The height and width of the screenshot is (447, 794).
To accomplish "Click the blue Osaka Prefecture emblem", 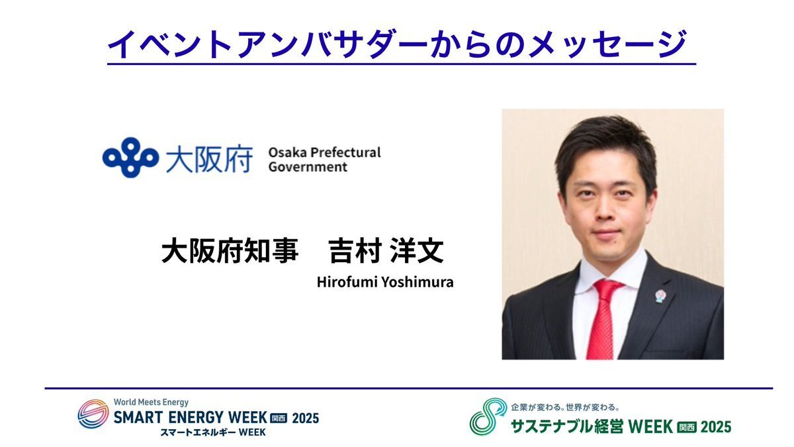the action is [130, 157].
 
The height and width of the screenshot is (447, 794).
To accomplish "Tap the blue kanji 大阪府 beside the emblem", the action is [210, 159].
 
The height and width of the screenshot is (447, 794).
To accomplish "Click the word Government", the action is [308, 167].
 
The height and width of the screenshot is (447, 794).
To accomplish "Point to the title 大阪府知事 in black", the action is [230, 250].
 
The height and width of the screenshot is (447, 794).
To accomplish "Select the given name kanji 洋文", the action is [417, 250].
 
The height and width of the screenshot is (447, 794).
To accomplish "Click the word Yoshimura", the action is [418, 282].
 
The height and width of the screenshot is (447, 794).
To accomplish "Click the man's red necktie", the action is [603, 319].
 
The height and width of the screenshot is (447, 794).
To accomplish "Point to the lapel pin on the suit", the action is [660, 296].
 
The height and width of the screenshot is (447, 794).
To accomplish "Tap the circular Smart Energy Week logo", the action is [93, 414].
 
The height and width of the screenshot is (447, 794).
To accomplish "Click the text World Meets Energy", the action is [151, 403].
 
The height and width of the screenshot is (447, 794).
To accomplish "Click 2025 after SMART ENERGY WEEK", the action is [306, 419].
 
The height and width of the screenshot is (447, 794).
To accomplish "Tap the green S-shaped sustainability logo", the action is [488, 416].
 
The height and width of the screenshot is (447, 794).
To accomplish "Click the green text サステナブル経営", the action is [567, 426].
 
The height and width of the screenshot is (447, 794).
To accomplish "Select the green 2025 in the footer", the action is [716, 426].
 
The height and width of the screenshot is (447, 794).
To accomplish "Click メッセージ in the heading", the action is [607, 44].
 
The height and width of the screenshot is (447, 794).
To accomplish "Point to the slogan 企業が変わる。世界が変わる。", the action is [565, 407].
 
